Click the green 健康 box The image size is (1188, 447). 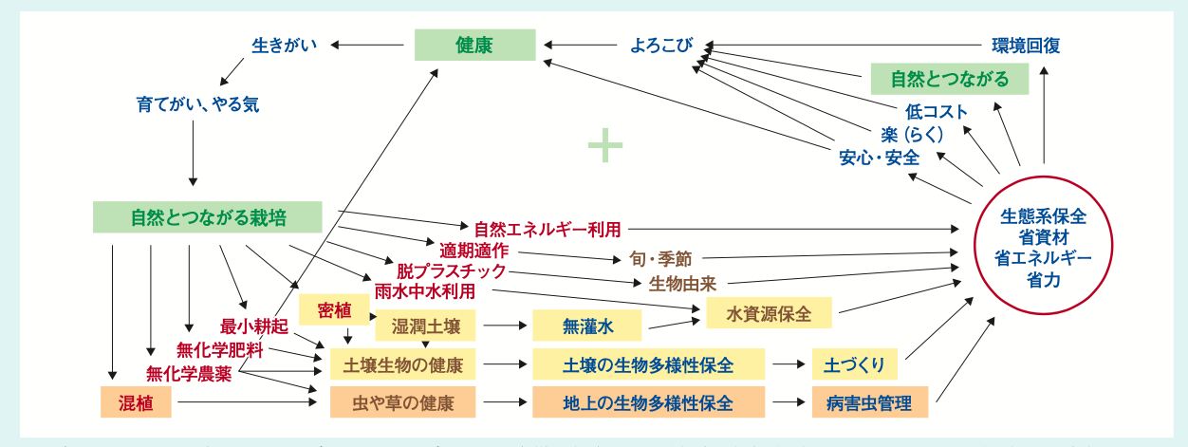[x=474, y=45]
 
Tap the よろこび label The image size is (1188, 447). [x=661, y=45]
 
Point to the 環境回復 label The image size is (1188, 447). [x=1026, y=45]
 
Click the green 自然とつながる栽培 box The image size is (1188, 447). [x=208, y=217]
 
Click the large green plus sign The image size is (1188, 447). [x=604, y=146]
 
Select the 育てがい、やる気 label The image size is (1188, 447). [x=197, y=104]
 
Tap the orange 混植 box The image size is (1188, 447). [x=137, y=402]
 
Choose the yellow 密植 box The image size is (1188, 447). [x=334, y=309]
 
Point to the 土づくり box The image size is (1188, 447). [x=855, y=364]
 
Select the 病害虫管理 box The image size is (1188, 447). [x=869, y=402]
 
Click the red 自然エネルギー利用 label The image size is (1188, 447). [x=548, y=229]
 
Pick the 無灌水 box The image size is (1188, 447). [x=587, y=326]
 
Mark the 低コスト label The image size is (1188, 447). [x=937, y=112]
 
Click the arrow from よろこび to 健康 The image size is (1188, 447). [x=580, y=45]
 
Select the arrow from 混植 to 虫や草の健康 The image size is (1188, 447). [x=247, y=402]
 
